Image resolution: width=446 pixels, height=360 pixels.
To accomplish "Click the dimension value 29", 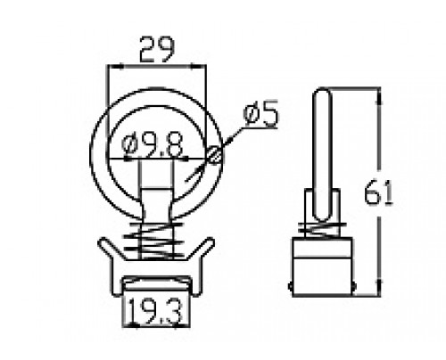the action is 157,49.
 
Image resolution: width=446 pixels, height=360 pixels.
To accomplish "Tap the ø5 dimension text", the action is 261,114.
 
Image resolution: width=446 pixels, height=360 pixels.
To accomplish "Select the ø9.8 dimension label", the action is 152,145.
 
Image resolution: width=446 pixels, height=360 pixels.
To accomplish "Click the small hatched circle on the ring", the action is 215,155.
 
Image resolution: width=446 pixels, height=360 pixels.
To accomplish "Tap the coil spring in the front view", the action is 154,241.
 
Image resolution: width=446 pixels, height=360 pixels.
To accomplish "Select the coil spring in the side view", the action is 322,229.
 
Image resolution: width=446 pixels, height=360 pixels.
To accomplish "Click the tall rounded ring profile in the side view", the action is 322,154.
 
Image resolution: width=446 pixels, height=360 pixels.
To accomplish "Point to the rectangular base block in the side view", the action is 322,266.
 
